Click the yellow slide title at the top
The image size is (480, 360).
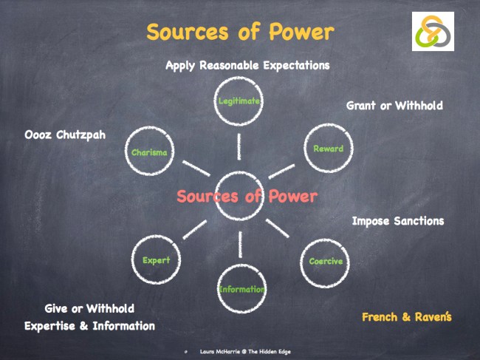(239, 33)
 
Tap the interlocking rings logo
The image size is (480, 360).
(433, 32)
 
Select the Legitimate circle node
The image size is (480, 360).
(238, 101)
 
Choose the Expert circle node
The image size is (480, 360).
(156, 260)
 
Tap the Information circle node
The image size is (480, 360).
(241, 289)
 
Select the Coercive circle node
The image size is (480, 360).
(325, 262)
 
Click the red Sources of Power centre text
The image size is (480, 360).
(247, 197)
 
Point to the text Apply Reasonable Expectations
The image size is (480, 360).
(247, 65)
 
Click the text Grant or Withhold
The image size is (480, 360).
(394, 106)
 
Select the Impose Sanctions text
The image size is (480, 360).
(397, 221)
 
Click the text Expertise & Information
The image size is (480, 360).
(89, 326)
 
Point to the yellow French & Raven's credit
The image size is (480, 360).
(406, 317)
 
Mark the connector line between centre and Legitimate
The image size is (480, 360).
(239, 148)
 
